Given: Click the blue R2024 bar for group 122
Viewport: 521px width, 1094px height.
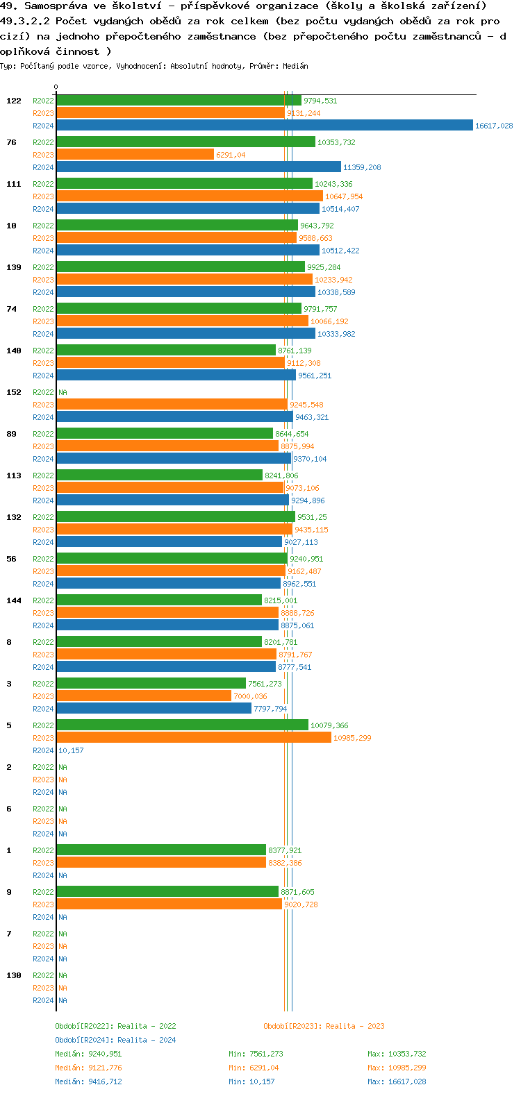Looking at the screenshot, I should [x=264, y=126].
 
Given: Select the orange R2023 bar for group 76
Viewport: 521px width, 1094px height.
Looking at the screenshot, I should [x=135, y=155].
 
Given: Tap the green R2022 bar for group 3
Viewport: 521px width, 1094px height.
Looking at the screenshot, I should [x=151, y=684].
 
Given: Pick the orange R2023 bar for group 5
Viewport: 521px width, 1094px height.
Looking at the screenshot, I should [x=194, y=738].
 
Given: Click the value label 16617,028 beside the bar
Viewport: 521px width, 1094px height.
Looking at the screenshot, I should [x=493, y=126].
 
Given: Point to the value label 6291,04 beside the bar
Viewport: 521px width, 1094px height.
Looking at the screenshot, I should [x=231, y=155].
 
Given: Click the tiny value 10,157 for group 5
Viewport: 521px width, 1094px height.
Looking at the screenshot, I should [x=71, y=750].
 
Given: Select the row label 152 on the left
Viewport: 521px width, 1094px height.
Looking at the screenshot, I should [x=14, y=392].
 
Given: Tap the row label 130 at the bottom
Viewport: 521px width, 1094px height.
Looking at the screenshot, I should [x=14, y=975].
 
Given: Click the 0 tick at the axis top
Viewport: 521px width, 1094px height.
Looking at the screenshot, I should [x=56, y=87].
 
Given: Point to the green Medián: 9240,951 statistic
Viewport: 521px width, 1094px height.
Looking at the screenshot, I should [x=88, y=1054].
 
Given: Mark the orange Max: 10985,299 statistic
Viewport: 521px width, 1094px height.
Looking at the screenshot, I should [x=397, y=1068].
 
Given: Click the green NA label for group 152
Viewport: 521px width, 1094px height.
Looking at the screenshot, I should [x=63, y=392].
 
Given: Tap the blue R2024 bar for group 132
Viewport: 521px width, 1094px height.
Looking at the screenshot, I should [x=169, y=542].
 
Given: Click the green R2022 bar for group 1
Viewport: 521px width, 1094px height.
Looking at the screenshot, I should [x=161, y=850].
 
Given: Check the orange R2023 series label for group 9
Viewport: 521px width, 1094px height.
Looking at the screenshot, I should [x=43, y=904].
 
